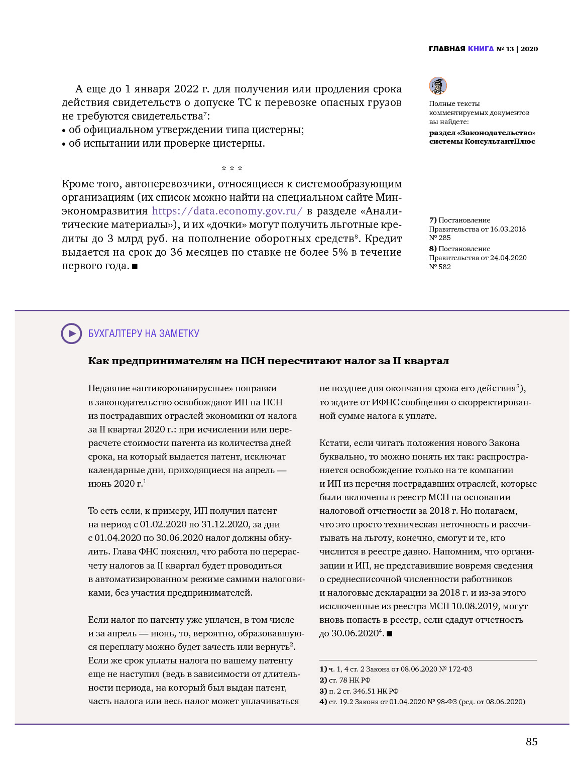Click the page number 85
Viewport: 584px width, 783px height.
click(x=531, y=742)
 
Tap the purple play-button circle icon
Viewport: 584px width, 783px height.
click(x=71, y=333)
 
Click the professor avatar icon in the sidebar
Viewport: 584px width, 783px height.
click(x=438, y=86)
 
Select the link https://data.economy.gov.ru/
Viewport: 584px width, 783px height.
click(x=227, y=211)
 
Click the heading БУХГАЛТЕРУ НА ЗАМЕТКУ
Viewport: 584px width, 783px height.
click(x=144, y=333)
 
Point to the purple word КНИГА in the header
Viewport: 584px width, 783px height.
click(x=481, y=49)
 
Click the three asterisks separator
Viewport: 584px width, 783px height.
click(x=232, y=169)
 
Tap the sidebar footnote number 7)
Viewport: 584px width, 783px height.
click(x=432, y=220)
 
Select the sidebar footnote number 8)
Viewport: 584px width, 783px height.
click(x=432, y=249)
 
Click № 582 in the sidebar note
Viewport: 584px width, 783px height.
click(x=440, y=267)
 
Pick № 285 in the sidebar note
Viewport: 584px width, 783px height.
click(x=440, y=238)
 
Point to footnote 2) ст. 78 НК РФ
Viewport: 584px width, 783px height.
click(x=345, y=680)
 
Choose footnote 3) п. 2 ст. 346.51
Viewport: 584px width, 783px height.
click(x=359, y=691)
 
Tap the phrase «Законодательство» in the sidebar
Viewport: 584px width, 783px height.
click(x=498, y=133)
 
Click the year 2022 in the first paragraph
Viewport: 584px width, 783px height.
click(x=186, y=89)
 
